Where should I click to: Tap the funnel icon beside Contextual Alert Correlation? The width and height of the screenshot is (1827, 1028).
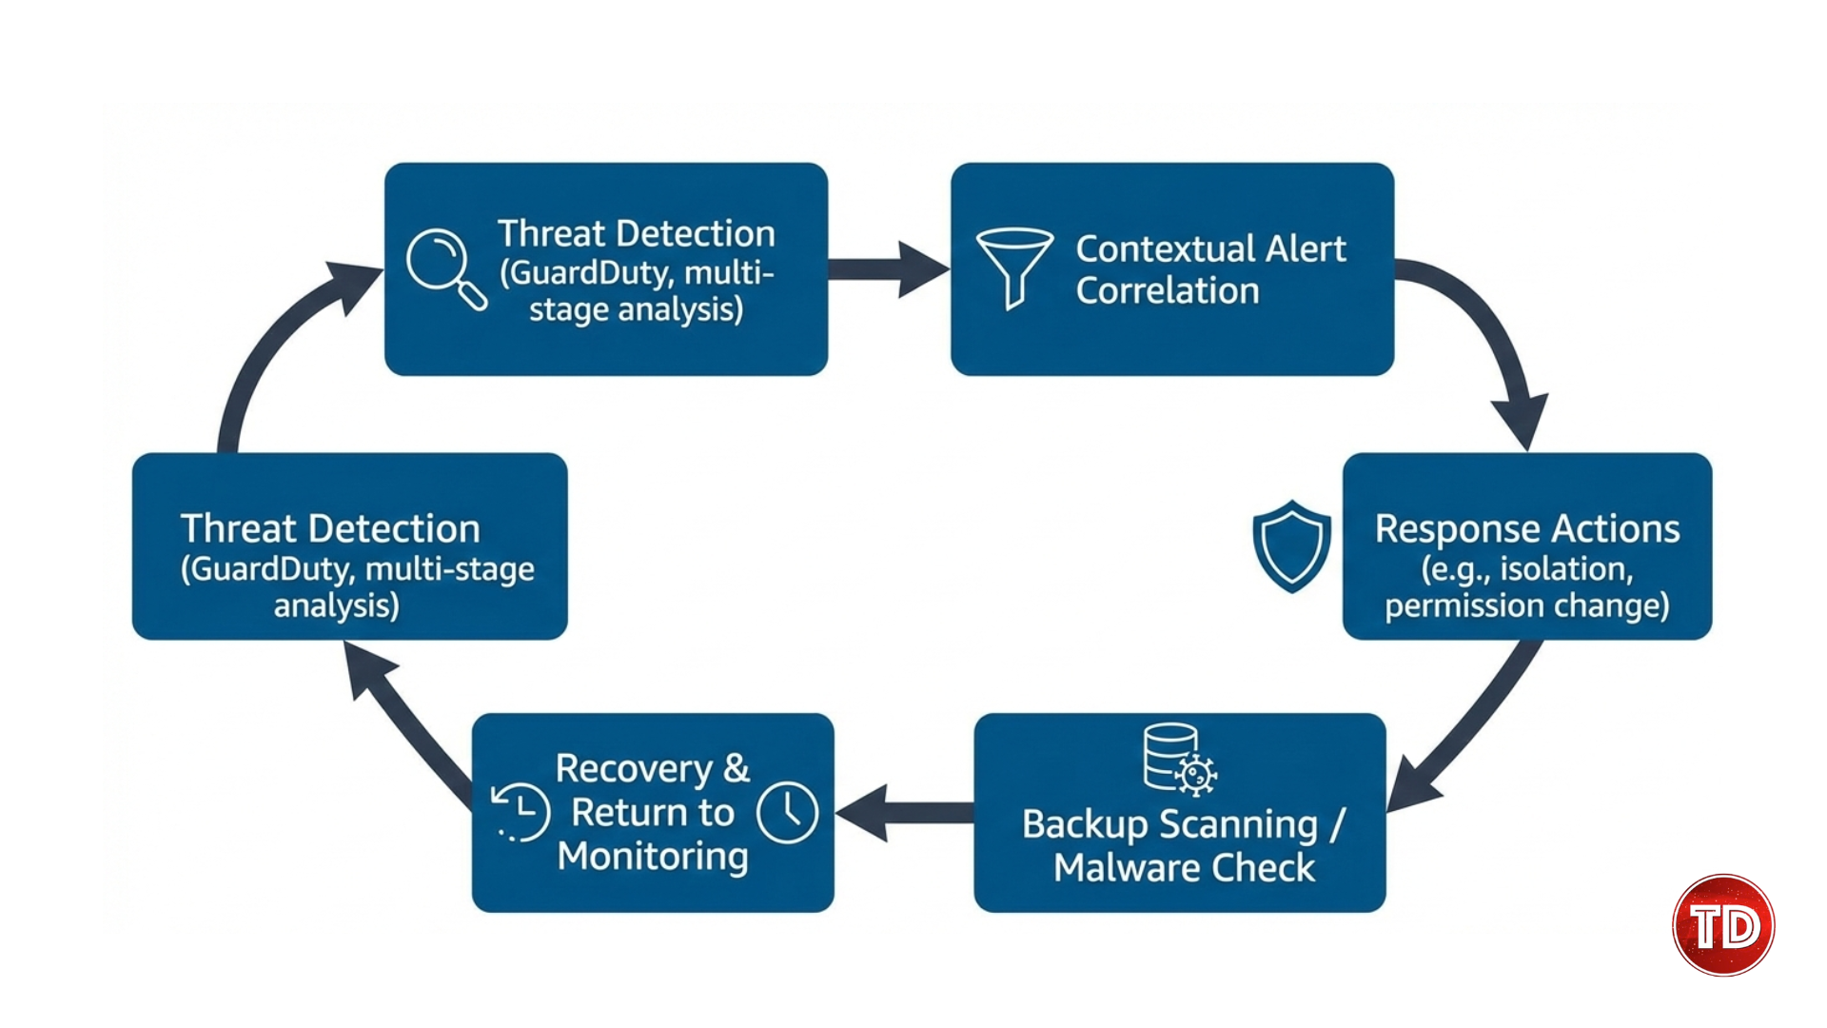(x=1013, y=266)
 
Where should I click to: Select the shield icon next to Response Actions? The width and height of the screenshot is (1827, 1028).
(x=1291, y=545)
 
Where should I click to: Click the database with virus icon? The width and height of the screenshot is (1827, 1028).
(x=1179, y=759)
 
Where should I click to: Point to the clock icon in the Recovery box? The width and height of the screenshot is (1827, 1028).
(x=787, y=812)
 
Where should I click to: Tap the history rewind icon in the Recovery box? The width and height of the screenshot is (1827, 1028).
(x=521, y=812)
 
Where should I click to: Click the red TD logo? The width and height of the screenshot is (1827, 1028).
(x=1723, y=925)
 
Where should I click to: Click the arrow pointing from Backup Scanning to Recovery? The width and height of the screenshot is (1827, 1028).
(x=904, y=813)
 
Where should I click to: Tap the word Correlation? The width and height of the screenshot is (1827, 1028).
(x=1167, y=290)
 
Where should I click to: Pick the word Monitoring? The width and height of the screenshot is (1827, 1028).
(x=653, y=856)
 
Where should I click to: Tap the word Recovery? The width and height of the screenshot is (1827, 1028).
(x=634, y=768)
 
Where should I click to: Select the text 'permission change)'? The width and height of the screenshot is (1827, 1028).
(x=1526, y=605)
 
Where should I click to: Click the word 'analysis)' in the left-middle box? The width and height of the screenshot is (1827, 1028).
(x=336, y=605)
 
